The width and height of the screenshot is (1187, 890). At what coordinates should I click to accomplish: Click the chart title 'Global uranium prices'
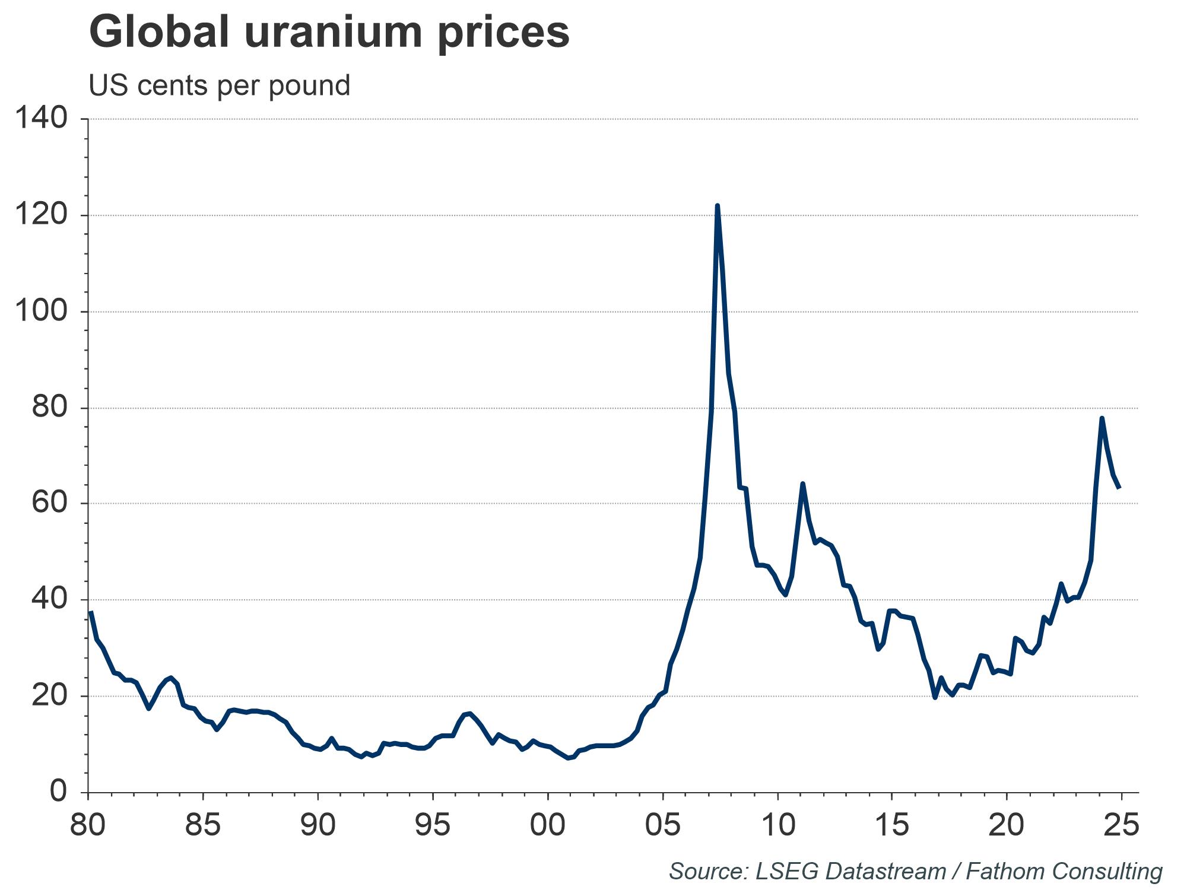pos(329,33)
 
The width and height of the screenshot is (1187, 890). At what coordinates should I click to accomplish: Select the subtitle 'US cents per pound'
pos(220,85)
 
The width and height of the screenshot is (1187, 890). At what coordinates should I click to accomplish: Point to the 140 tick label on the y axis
pos(41,118)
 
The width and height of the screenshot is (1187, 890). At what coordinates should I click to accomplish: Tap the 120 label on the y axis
pos(41,215)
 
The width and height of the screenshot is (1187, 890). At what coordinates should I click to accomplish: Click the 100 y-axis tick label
pos(41,311)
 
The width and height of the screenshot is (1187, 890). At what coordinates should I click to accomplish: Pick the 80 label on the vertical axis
pos(49,408)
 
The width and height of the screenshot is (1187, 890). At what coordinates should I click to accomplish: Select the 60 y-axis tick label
pos(49,503)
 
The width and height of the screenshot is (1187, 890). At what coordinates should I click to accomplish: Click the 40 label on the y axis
pos(49,599)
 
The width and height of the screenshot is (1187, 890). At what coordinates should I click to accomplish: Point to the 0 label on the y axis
pos(58,792)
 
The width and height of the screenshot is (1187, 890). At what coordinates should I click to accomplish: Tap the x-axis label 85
pos(203,825)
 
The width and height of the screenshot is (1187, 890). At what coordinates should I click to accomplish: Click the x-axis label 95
pos(433,825)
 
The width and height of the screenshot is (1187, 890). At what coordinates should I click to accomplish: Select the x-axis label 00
pos(547,825)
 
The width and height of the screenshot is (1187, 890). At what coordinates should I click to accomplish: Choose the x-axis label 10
pos(777,825)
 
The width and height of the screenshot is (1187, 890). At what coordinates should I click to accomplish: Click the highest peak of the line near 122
pos(718,206)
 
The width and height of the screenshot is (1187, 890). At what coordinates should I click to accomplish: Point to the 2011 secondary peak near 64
pos(802,484)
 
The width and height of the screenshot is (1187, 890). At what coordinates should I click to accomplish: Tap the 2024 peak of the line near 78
pos(1102,418)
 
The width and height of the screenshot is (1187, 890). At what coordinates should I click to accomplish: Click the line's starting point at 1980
pos(90,612)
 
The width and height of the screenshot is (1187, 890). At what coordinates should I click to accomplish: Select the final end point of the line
pos(1119,488)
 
